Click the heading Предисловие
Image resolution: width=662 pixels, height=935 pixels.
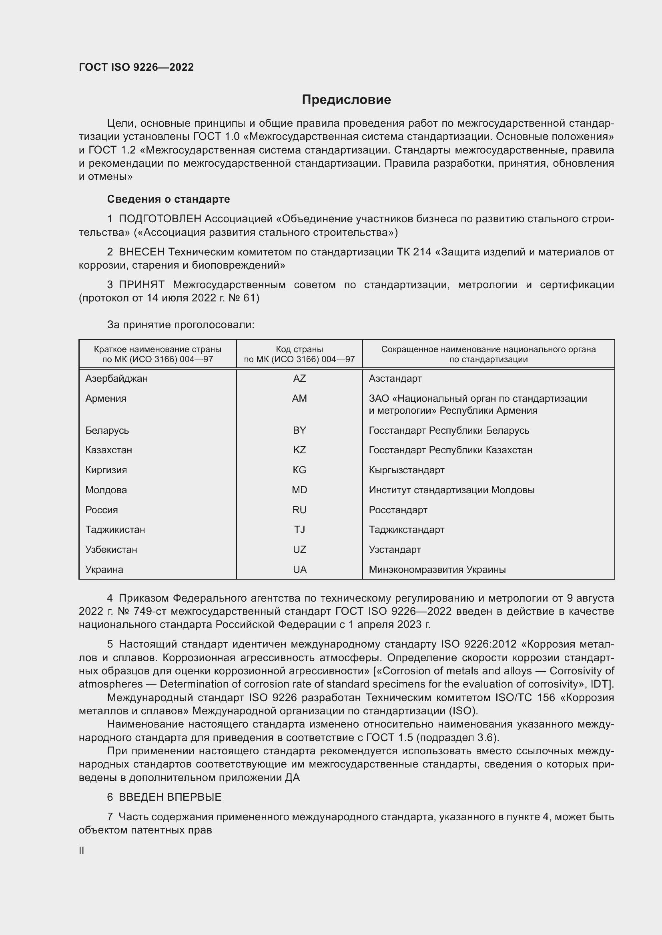point(346,100)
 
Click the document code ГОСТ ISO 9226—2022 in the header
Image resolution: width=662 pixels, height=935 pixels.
point(136,67)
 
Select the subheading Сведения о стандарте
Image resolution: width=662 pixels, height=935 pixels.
point(169,199)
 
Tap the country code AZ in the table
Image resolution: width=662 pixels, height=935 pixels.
point(299,378)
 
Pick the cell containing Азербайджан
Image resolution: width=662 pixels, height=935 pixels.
point(116,378)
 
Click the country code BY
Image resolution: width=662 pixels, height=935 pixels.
point(299,430)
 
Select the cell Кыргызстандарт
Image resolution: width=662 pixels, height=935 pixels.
point(406,470)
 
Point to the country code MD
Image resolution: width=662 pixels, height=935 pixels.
point(299,490)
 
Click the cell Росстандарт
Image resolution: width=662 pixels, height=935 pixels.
point(398,510)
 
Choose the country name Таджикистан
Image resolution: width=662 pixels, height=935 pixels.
point(115,529)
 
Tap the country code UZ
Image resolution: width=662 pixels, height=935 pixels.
point(299,549)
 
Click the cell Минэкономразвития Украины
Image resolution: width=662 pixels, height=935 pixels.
point(437,569)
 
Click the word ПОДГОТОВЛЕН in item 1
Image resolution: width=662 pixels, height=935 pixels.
point(160,219)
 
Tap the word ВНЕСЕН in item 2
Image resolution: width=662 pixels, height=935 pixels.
point(142,252)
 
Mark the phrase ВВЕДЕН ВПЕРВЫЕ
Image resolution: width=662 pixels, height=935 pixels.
point(170,797)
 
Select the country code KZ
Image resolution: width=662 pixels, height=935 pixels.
point(299,450)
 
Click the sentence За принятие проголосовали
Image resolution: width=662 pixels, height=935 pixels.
point(181,325)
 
